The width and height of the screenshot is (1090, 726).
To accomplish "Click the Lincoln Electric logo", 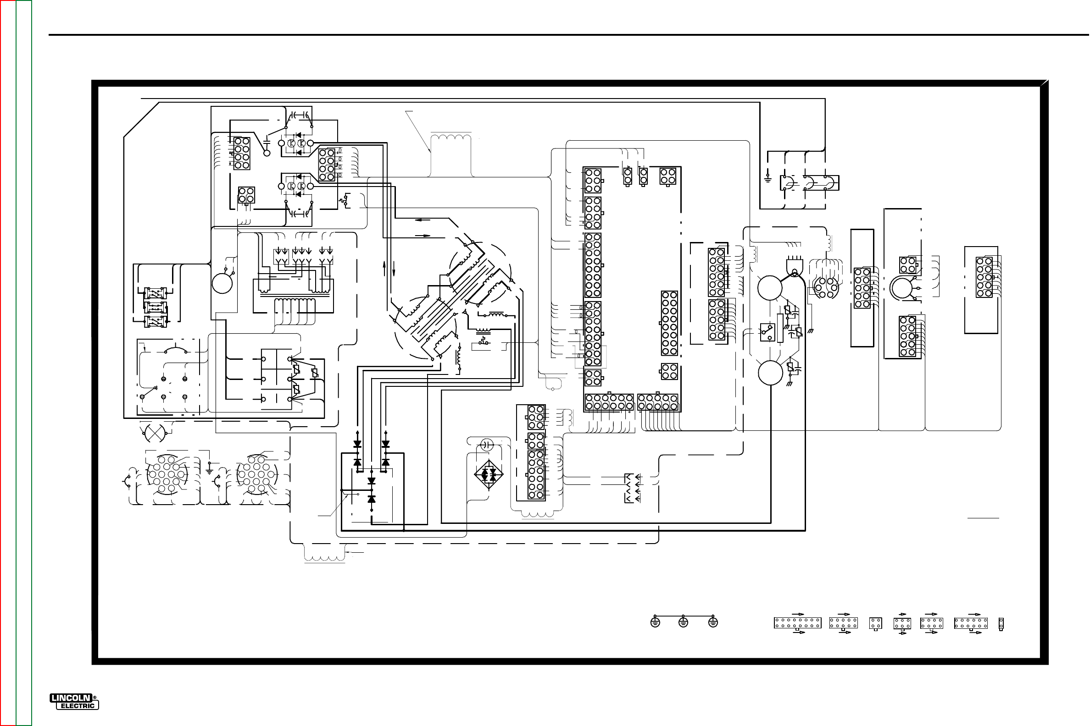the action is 75,701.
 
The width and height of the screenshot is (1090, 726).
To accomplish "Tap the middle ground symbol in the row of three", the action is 683,623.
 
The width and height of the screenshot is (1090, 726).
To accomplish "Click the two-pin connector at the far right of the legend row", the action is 1001,624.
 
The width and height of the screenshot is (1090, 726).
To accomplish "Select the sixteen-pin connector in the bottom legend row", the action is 797,623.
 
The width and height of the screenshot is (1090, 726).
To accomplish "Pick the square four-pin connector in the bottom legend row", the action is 875,623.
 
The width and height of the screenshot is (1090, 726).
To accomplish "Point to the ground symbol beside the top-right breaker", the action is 768,177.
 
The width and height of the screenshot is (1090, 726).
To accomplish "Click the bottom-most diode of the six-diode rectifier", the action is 371,500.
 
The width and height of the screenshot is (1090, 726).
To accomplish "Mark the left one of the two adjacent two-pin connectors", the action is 628,176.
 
